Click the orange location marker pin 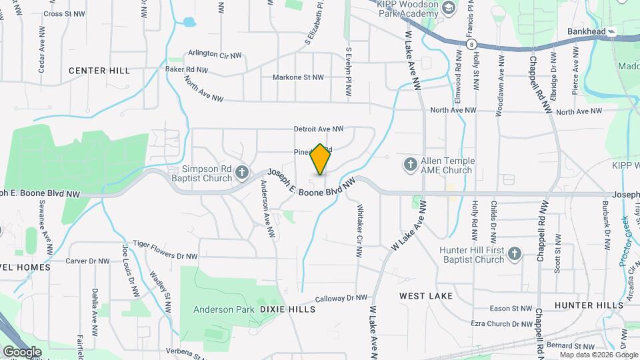[x=321, y=159]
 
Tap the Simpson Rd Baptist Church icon [x=242, y=175]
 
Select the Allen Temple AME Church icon [x=410, y=163]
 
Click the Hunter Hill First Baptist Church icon [x=514, y=253]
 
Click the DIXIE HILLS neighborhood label [x=287, y=309]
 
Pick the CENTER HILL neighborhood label [x=99, y=71]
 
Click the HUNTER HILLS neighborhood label [x=587, y=305]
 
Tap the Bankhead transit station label [x=587, y=31]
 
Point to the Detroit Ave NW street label [x=319, y=129]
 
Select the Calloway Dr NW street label [x=341, y=298]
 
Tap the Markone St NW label [x=298, y=77]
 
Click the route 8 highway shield [x=472, y=44]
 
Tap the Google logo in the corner [x=22, y=351]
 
